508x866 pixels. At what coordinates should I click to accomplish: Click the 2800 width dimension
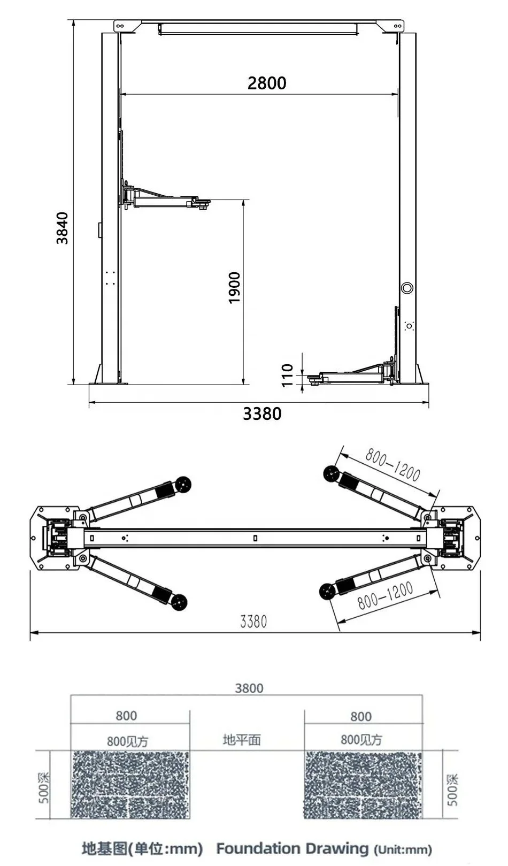267,83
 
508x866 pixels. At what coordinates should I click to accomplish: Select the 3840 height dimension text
63,228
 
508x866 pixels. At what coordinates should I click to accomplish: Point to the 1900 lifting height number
234,288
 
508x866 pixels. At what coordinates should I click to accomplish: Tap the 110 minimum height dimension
287,375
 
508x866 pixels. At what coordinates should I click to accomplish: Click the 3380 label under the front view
262,413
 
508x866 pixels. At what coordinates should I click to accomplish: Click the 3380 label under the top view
253,621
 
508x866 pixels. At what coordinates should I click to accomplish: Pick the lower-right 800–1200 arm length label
385,595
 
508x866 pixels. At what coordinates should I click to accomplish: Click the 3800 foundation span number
249,688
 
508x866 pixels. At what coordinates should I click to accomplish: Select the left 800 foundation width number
126,716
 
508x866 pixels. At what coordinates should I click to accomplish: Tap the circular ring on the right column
407,288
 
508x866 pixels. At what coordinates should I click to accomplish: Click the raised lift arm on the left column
166,198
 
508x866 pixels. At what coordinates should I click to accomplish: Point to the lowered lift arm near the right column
353,374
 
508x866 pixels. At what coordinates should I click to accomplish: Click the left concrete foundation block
130,784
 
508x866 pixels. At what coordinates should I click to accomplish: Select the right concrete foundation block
363,784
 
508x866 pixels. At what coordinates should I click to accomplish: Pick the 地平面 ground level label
242,740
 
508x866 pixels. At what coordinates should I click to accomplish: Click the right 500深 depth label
452,789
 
